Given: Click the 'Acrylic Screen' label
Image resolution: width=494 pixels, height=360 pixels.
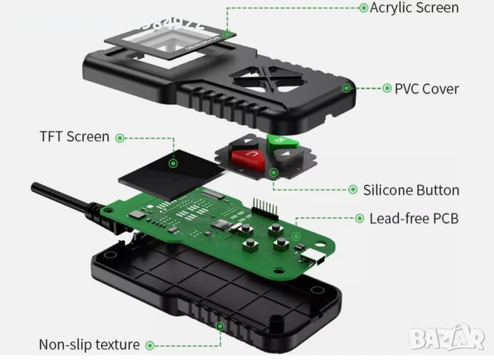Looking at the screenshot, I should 414,8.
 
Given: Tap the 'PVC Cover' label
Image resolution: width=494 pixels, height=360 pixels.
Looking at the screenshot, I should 426,88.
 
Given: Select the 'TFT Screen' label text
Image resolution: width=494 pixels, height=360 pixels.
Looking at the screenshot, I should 74,137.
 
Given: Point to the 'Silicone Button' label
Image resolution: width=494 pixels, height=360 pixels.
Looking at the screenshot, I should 411,190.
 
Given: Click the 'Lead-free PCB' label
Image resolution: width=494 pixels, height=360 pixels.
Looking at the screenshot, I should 414,219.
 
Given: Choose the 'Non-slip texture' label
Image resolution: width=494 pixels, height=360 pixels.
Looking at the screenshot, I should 89,345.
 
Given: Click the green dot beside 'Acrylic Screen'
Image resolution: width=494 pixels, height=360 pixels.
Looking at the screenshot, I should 364,8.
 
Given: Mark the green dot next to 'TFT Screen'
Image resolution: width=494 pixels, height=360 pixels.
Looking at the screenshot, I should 119,138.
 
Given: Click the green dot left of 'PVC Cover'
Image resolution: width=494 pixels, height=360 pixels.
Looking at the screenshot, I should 387,88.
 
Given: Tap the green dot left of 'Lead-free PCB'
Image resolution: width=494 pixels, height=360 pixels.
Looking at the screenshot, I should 360,219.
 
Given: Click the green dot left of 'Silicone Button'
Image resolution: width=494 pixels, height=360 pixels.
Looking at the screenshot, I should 354,190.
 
